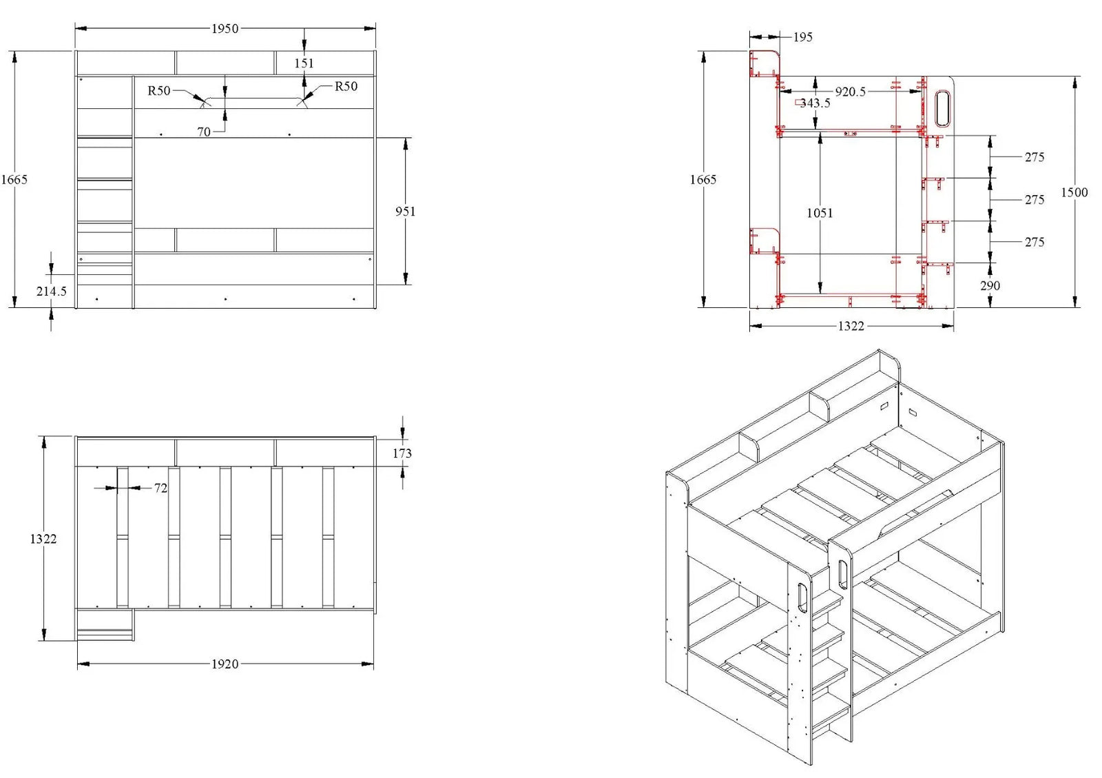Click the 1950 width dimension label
click(225, 28)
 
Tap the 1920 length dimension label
click(225, 664)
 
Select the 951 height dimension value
click(405, 211)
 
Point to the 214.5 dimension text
click(52, 291)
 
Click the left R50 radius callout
click(158, 90)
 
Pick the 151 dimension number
click(304, 63)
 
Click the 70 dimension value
click(204, 132)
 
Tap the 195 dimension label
click(802, 37)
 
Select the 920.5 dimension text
click(850, 91)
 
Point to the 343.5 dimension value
click(815, 103)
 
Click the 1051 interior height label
click(820, 213)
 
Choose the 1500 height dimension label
click(1074, 192)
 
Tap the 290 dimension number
click(990, 285)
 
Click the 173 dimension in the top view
click(402, 453)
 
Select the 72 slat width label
click(160, 488)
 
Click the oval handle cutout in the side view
click(942, 109)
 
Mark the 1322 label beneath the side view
click(851, 326)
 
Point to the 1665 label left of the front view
click(14, 179)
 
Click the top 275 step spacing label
click(1034, 157)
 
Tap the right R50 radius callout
click(346, 86)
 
